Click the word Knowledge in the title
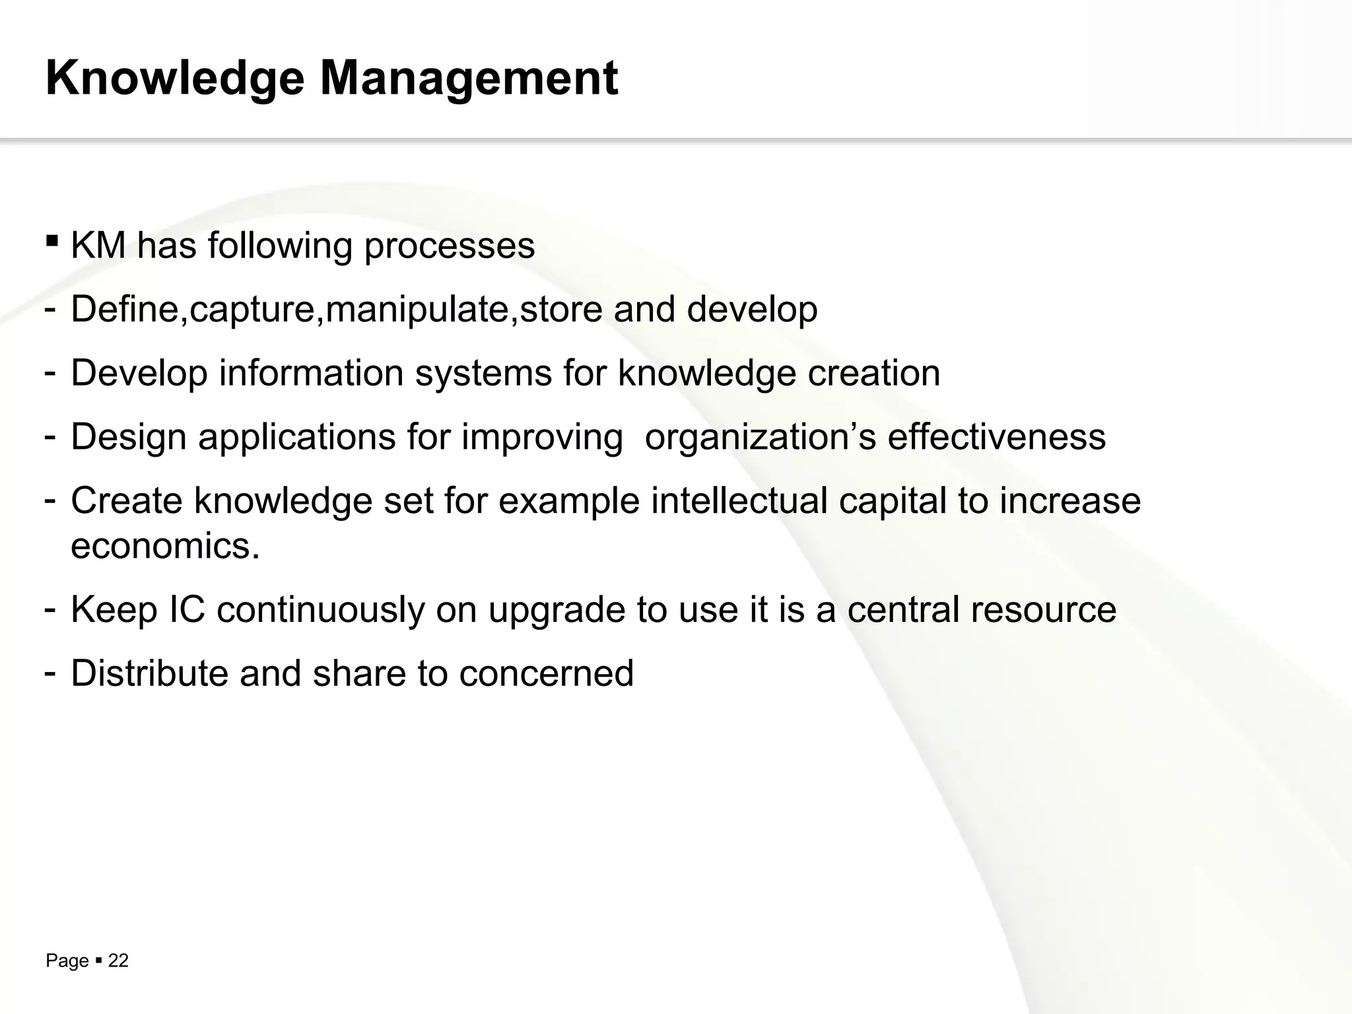175,79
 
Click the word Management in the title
469,79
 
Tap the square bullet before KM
52,239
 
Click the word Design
129,437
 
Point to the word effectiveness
996,437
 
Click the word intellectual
739,500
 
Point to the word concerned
546,673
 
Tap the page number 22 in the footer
118,961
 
